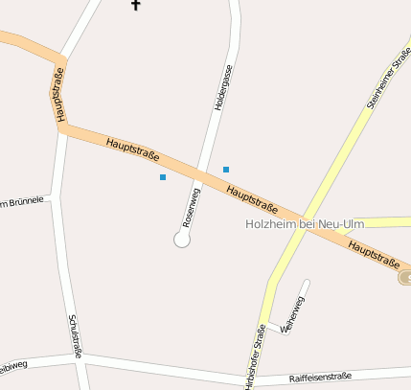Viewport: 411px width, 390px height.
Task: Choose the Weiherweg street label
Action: click(x=292, y=314)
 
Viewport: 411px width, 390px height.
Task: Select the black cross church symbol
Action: click(x=135, y=5)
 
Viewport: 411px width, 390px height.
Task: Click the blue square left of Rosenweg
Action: click(x=163, y=177)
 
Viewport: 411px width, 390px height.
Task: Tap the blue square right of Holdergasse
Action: click(x=226, y=170)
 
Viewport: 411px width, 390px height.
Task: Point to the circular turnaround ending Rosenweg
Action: click(x=182, y=240)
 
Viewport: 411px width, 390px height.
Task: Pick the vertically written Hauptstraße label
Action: click(x=58, y=94)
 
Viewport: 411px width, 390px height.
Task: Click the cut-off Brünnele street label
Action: click(x=23, y=201)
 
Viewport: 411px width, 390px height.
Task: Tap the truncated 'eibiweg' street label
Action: click(x=13, y=366)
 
